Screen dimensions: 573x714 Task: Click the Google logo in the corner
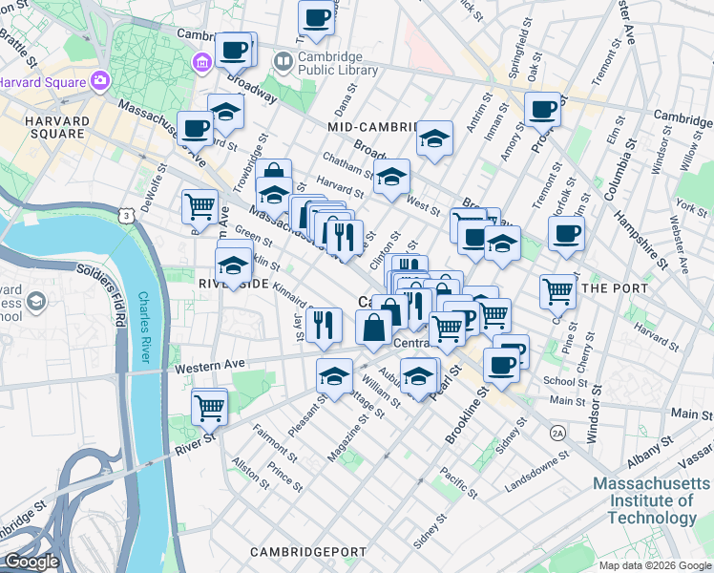[x=31, y=562]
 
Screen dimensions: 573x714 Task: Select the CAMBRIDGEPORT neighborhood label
[x=308, y=552]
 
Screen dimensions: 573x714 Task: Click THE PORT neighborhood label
[x=615, y=287]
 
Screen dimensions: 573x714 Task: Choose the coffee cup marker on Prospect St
[x=542, y=109]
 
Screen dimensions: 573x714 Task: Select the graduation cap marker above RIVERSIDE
[x=234, y=264]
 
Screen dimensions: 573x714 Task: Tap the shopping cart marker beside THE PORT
[x=557, y=290]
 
